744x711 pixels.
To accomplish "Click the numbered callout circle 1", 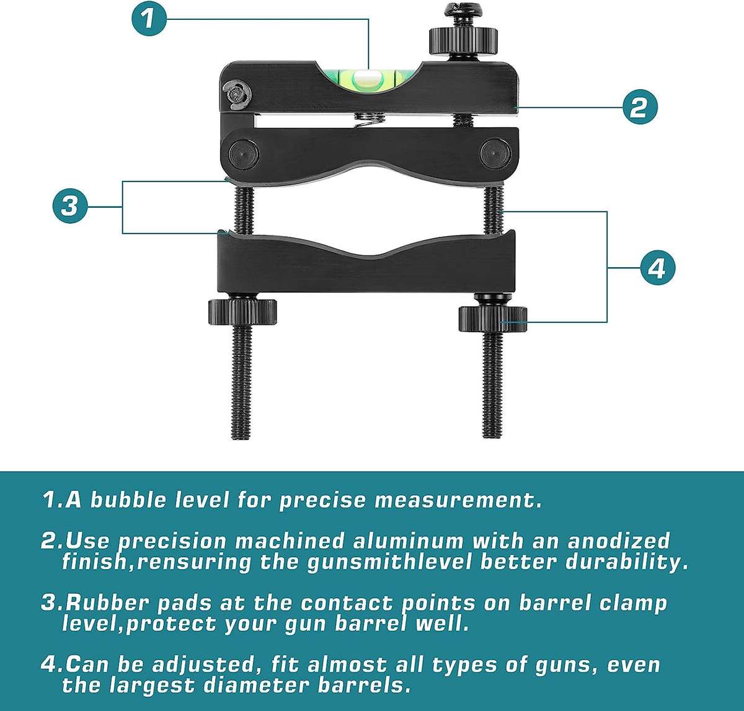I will click(x=147, y=19).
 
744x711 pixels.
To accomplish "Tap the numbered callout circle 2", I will click(x=639, y=107).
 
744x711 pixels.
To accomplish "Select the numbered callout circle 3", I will click(x=69, y=205).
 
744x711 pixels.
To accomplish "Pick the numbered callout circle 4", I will click(x=656, y=268).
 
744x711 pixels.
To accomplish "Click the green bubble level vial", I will click(x=368, y=78).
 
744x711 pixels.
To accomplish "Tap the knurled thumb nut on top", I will click(x=464, y=41).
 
